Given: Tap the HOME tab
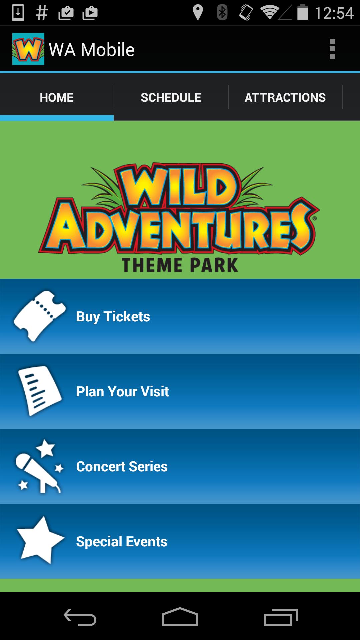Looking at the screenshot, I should click(x=57, y=97).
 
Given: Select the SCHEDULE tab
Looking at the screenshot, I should click(x=171, y=97).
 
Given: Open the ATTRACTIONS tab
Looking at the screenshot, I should click(x=285, y=97).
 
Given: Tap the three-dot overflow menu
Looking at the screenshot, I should click(x=332, y=49).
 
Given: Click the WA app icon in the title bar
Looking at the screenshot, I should click(x=28, y=49).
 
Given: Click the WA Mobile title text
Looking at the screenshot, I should click(x=92, y=50).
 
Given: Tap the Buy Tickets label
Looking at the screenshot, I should click(x=113, y=316).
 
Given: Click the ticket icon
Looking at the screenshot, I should click(x=39, y=316).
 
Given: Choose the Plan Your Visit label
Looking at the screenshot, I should click(x=122, y=391).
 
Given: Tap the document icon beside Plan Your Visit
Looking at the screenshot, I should click(x=39, y=391).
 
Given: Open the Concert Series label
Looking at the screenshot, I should click(x=122, y=466).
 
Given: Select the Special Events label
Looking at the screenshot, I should click(x=122, y=541).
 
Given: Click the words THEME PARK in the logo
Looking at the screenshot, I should click(x=180, y=265).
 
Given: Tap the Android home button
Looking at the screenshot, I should click(x=180, y=617).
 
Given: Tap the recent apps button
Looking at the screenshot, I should click(x=281, y=617).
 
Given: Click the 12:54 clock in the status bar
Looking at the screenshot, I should click(x=334, y=13).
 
